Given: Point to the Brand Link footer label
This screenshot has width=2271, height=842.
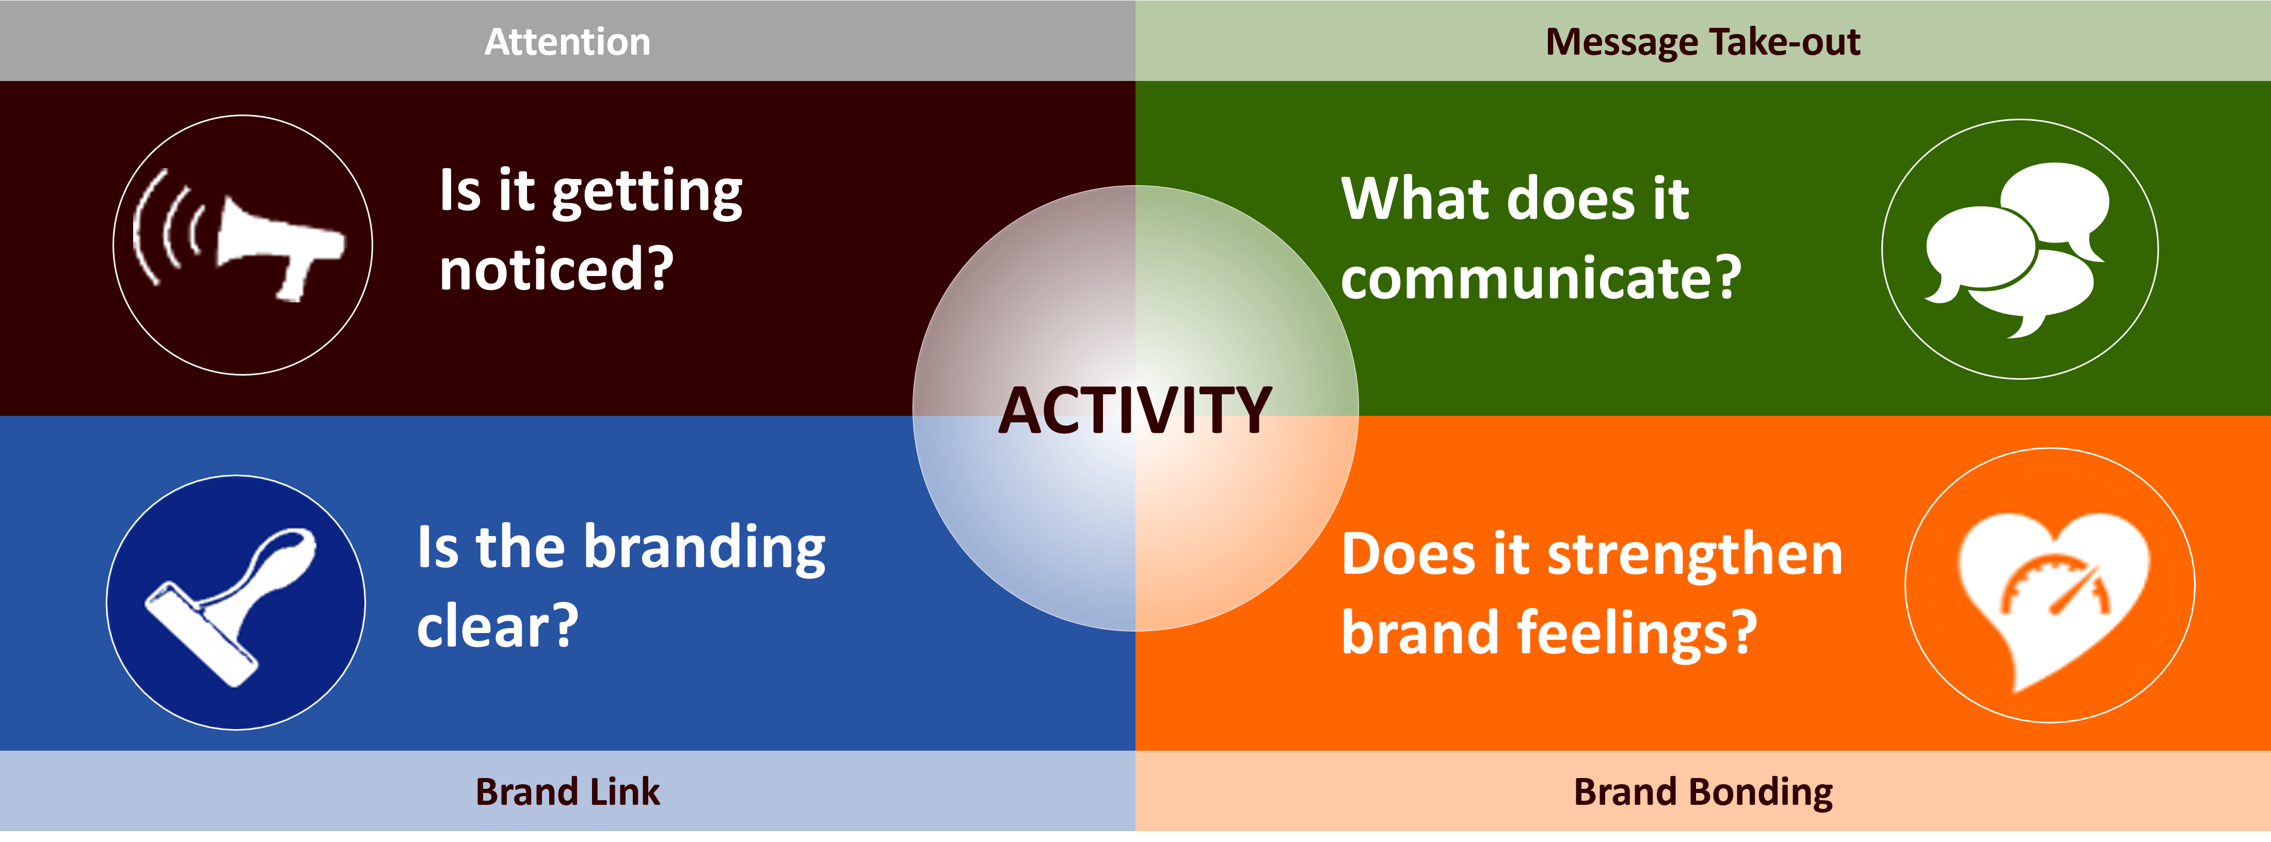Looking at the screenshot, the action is pyautogui.click(x=568, y=792).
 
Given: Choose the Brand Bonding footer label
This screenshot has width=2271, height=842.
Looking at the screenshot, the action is pyautogui.click(x=1703, y=792).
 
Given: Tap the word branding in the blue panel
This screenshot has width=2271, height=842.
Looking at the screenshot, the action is pyautogui.click(x=705, y=548).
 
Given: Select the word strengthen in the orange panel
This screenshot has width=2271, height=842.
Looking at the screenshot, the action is pyautogui.click(x=1696, y=556).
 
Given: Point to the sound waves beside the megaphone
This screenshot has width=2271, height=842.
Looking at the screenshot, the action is pyautogui.click(x=168, y=228).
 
